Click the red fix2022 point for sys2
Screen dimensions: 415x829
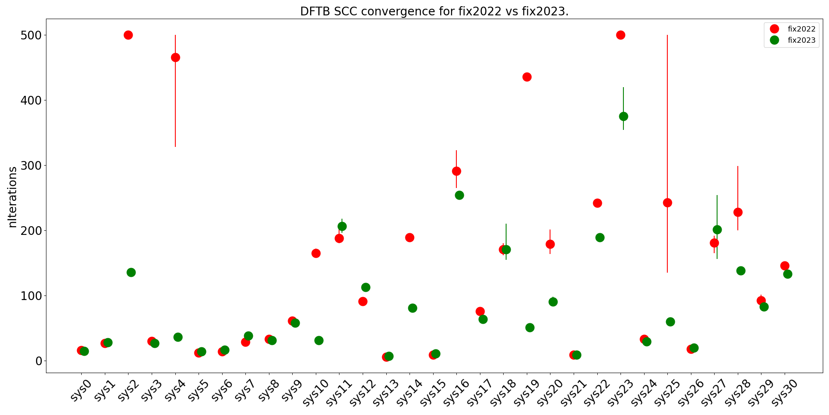click(x=128, y=35)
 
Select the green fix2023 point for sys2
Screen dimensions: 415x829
click(x=131, y=272)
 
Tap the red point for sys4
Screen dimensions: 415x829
click(x=175, y=57)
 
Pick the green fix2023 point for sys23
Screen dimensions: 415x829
click(x=623, y=116)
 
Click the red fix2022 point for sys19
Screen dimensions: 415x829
click(x=527, y=77)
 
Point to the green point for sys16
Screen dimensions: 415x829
click(x=459, y=195)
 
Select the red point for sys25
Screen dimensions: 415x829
click(x=667, y=203)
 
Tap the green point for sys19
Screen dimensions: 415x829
click(x=530, y=327)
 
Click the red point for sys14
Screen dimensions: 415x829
click(x=410, y=237)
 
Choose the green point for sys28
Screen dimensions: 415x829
click(x=741, y=271)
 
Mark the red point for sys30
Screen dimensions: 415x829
click(x=785, y=266)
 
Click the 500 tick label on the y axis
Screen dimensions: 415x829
click(x=31, y=35)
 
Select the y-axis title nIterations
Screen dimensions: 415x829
click(x=13, y=197)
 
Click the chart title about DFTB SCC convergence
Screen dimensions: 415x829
click(x=434, y=11)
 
